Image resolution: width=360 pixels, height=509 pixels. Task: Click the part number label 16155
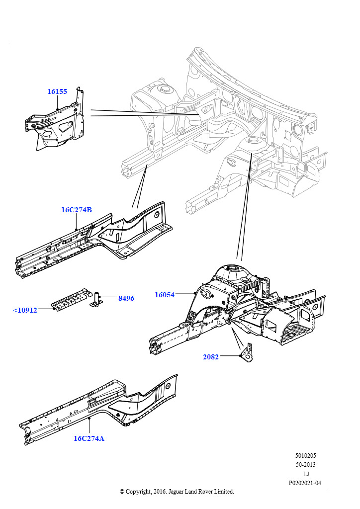click(x=57, y=91)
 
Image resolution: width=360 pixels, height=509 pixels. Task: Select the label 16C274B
click(x=77, y=210)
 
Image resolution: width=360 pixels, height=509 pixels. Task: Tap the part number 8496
click(x=126, y=298)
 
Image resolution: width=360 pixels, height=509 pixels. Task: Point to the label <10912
click(x=25, y=310)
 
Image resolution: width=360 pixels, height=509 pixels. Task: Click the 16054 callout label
click(x=164, y=295)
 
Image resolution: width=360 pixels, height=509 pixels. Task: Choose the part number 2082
click(x=210, y=357)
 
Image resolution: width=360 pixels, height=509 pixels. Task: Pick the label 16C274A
click(x=89, y=438)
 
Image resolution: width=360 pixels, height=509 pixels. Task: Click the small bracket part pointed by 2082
click(x=247, y=352)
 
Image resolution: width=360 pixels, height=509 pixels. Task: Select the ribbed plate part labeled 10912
click(x=71, y=300)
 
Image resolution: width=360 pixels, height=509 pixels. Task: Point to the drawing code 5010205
click(x=305, y=455)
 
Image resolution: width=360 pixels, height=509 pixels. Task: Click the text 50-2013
click(x=305, y=465)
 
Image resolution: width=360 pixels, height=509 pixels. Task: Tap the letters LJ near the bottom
click(x=305, y=474)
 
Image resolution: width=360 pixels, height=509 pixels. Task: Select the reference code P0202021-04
click(x=305, y=483)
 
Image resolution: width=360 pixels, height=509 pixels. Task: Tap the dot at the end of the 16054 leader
click(x=193, y=293)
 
